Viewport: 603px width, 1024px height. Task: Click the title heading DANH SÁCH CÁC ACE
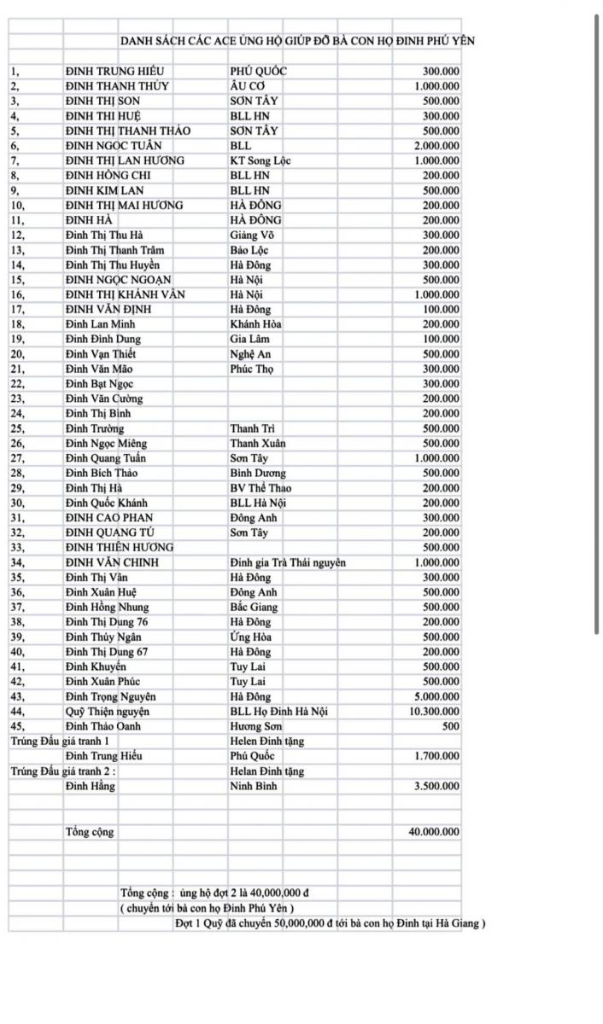tap(297, 41)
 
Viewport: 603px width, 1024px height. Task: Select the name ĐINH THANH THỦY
tap(117, 86)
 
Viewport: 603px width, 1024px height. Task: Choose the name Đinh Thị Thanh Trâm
tap(114, 250)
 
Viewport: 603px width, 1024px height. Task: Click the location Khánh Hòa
tap(255, 324)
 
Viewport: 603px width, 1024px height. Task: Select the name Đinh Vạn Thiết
tap(100, 354)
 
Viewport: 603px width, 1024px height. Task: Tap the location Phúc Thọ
tap(251, 369)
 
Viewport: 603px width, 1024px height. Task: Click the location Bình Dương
tap(258, 473)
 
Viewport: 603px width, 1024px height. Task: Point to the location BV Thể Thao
tap(261, 488)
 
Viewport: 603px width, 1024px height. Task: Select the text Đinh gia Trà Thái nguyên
tap(288, 562)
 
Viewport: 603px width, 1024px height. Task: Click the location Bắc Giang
tap(254, 607)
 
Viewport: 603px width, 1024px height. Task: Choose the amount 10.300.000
tap(434, 712)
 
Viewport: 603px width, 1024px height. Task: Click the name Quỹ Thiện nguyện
tap(108, 712)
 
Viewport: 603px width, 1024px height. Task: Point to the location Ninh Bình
tap(253, 786)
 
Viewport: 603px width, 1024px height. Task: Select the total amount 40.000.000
tap(434, 831)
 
